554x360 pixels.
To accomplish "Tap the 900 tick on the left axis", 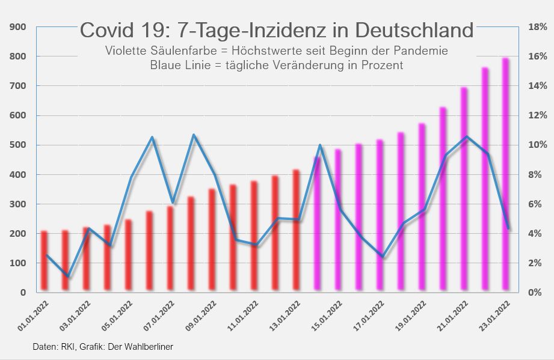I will (17, 27).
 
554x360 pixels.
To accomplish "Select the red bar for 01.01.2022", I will (44, 261).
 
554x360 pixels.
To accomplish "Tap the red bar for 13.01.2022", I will (296, 231).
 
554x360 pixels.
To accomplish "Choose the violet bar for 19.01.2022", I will (422, 207).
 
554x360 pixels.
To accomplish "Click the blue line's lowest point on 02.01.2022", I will (69, 277).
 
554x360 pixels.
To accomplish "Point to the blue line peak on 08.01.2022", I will (194, 135).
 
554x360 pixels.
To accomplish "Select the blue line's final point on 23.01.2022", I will (508, 228).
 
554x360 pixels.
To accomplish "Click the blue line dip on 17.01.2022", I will (383, 257).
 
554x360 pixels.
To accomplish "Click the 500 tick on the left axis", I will (17, 145).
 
